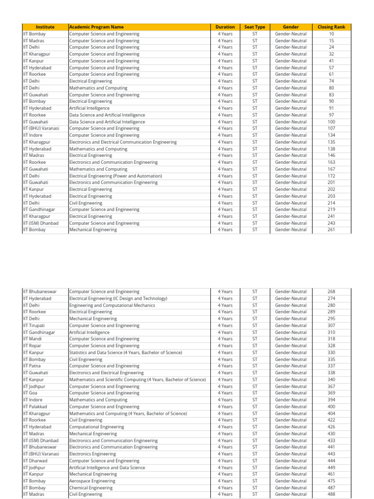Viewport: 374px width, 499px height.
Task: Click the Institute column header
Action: click(45, 27)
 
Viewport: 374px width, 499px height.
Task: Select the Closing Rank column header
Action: click(331, 27)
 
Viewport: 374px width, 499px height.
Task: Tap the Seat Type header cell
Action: click(255, 27)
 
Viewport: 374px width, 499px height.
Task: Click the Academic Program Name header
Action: click(96, 27)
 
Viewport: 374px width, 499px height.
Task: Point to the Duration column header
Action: click(225, 27)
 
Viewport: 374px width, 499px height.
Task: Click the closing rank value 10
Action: click(331, 34)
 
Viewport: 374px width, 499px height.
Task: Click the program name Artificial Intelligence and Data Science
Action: click(107, 467)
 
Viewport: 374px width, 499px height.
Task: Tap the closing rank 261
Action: click(331, 230)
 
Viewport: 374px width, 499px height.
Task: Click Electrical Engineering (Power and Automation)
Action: click(115, 176)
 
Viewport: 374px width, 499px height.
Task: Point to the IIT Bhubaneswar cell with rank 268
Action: click(40, 291)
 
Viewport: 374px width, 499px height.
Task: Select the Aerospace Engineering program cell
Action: click(92, 481)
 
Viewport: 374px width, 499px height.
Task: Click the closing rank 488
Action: click(331, 494)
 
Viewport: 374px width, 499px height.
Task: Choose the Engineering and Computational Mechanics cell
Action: click(112, 305)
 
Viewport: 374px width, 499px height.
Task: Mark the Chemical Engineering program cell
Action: click(91, 488)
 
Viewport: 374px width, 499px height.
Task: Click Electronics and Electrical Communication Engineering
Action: click(123, 142)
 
